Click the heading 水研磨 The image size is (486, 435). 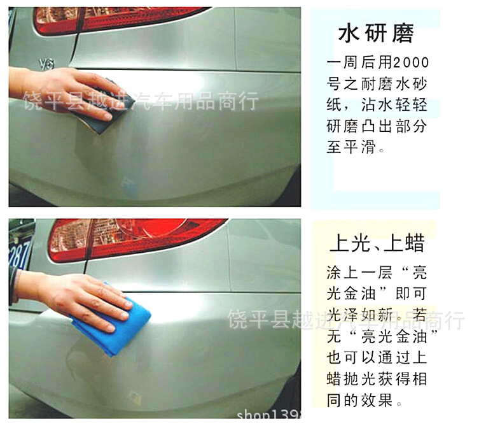(x=376, y=33)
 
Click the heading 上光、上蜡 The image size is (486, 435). (x=377, y=243)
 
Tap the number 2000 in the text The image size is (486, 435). (x=412, y=62)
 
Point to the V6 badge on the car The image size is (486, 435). (x=46, y=64)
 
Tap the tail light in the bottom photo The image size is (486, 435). (x=134, y=239)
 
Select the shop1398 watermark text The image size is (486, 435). (x=268, y=415)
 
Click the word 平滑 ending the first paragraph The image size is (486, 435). (x=359, y=146)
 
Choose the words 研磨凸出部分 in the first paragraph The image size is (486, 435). (x=377, y=126)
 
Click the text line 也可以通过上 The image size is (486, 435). (x=377, y=357)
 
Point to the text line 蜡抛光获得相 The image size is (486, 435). (x=377, y=379)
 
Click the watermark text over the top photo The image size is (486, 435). (x=141, y=101)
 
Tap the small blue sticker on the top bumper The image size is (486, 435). (x=129, y=185)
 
